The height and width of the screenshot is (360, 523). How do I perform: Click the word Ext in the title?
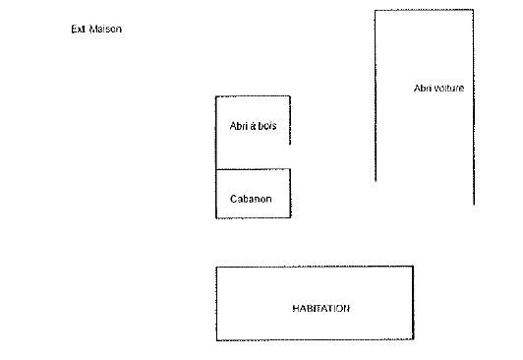pos(78,30)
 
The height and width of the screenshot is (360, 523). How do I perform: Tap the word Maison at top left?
pos(105,30)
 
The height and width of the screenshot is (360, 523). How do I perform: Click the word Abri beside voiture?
pos(424,89)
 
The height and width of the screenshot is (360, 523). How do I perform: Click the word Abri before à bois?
pos(239,127)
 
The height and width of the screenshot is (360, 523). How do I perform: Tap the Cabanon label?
pos(251,199)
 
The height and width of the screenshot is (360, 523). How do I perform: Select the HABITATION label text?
pos(320,308)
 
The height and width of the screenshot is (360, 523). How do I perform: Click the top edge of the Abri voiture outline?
pos(424,11)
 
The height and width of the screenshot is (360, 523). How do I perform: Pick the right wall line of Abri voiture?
pos(473,108)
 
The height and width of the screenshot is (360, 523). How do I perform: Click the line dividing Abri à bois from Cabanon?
pos(253,169)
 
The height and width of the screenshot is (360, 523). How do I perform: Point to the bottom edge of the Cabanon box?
pos(253,217)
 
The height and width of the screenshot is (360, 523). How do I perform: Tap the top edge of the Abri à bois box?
pos(253,96)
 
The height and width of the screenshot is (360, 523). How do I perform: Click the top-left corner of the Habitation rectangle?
pos(216,266)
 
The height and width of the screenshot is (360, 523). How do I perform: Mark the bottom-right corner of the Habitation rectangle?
pos(413,340)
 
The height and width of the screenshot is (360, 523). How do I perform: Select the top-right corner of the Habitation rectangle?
pos(413,266)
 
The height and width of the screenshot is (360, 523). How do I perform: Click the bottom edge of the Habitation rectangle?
pos(315,340)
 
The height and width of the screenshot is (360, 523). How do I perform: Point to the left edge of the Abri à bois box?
pos(216,133)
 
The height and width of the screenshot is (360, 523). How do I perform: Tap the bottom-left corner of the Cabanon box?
pos(216,217)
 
